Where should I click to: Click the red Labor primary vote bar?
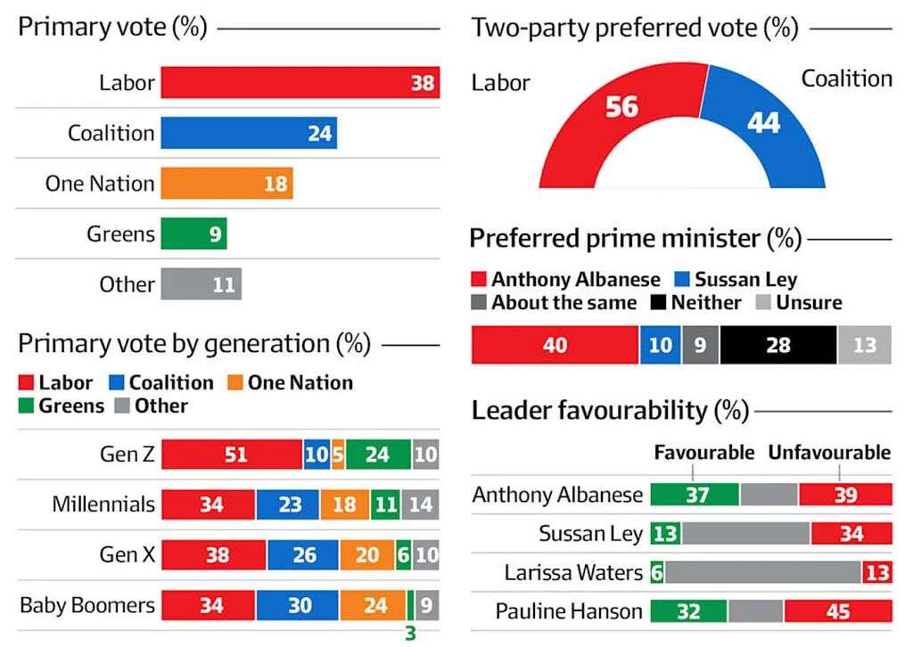coord(300,83)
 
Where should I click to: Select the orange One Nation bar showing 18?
coord(226,184)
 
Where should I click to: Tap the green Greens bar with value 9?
coord(193,234)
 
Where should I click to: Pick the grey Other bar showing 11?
coord(201,284)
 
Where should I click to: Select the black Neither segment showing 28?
coord(777,345)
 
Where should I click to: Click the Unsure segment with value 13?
coord(864,345)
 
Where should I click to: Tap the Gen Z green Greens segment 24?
coord(378,455)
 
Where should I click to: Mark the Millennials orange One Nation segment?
coord(344,504)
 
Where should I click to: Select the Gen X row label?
coord(127,555)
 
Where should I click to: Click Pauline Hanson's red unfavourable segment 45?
coord(837,611)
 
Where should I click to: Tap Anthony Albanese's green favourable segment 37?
coord(695,495)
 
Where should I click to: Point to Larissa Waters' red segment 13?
coord(877,572)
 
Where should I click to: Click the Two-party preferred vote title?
coord(634,28)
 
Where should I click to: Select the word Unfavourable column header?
coord(829,452)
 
